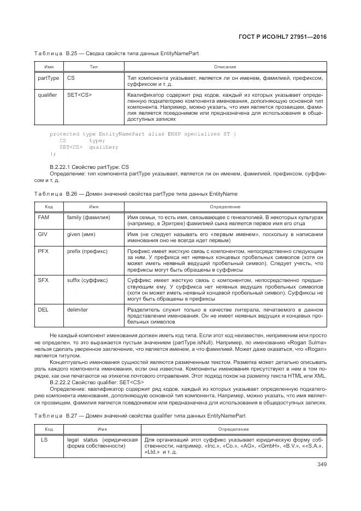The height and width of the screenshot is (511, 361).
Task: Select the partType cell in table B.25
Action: [48, 78]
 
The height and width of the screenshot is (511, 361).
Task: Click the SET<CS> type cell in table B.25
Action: [79, 95]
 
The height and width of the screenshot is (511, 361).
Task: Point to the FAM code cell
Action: [44, 217]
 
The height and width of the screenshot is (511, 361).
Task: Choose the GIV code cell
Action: [43, 233]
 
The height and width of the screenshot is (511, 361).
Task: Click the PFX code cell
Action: [44, 251]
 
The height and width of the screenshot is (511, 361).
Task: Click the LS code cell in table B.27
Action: [45, 439]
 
